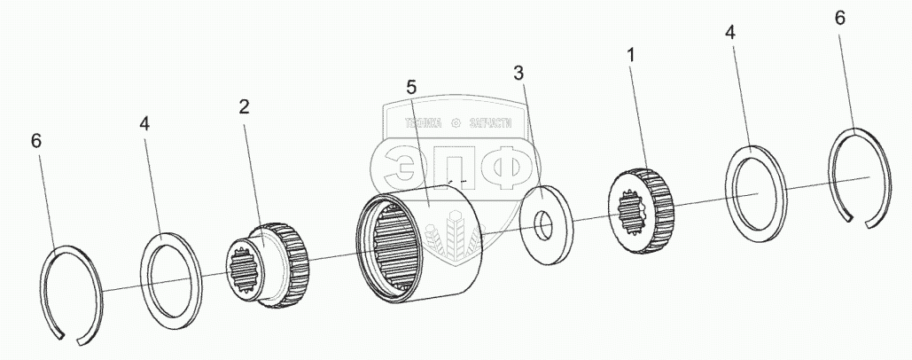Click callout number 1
point(630,55)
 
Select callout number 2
point(244,106)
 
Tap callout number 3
point(519,70)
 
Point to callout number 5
point(410,87)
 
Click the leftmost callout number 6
point(35,141)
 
